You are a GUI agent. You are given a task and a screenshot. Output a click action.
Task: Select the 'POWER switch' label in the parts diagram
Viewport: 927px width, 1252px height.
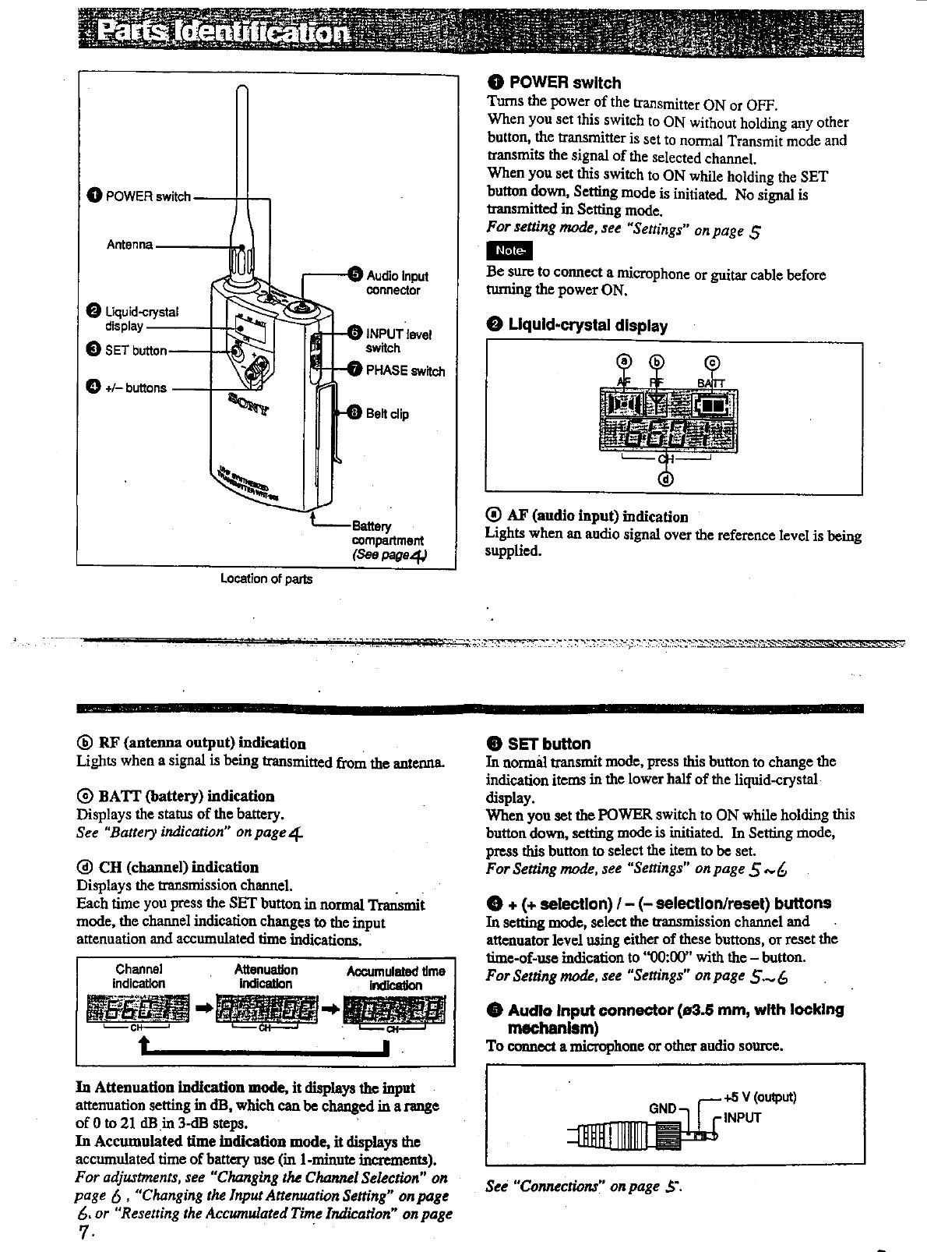(147, 196)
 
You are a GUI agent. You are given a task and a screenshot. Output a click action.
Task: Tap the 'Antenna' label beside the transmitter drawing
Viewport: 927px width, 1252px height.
(129, 245)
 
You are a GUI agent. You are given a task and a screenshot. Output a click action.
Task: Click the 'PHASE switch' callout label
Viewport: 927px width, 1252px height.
(405, 371)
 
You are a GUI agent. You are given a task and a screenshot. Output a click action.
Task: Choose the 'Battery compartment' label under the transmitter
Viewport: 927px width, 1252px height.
(387, 533)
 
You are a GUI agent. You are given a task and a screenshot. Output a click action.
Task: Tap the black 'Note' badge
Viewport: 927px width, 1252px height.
(508, 250)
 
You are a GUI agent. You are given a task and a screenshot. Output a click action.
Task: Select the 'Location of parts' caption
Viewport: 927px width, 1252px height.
(266, 579)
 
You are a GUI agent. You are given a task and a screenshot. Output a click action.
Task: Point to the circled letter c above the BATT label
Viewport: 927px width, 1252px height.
(712, 362)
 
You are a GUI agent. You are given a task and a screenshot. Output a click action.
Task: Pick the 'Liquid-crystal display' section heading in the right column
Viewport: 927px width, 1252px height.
(587, 325)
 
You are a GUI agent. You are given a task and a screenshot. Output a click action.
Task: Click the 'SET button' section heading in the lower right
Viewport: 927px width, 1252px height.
(548, 744)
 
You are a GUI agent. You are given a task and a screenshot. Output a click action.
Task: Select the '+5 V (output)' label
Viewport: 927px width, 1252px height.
(760, 1097)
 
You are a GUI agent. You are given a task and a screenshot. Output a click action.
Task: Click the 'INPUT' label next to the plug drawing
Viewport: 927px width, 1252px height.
(742, 1117)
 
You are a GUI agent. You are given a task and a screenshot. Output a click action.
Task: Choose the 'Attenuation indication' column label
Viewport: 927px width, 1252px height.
(266, 977)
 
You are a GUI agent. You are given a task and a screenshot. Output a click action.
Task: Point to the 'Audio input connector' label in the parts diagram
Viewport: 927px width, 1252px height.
(397, 283)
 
